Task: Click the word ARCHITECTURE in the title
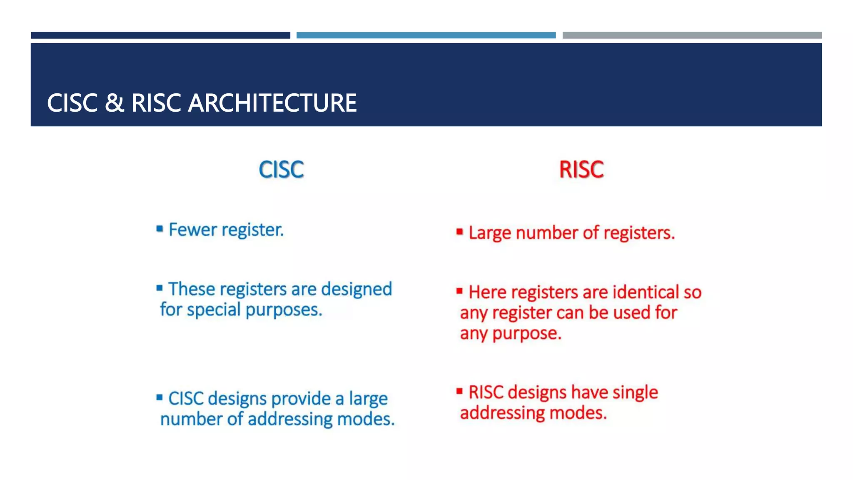pos(272,103)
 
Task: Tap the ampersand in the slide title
pos(114,103)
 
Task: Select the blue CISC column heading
pos(281,170)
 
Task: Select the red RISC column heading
pos(581,170)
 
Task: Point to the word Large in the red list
pos(489,233)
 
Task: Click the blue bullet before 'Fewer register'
pos(160,228)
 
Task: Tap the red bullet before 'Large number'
pos(459,231)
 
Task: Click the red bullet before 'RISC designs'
pos(459,391)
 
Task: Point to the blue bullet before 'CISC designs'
pos(160,397)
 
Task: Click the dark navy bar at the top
pos(160,35)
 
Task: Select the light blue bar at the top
pos(426,35)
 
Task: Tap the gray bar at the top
pos(692,35)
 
